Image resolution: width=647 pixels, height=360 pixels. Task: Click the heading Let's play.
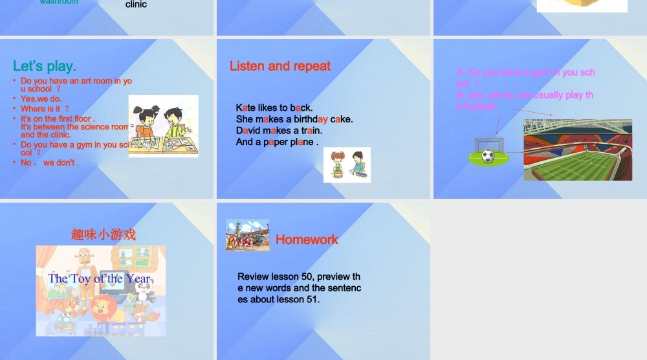click(x=45, y=66)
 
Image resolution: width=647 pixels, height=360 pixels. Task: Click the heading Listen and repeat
click(x=280, y=66)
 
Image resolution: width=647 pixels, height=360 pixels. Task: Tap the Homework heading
click(x=307, y=240)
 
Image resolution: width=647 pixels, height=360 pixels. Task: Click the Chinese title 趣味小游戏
click(x=104, y=234)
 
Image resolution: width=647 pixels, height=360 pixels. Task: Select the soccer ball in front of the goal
click(x=488, y=156)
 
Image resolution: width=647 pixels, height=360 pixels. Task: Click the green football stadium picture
click(x=577, y=150)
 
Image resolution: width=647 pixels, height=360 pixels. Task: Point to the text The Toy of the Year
click(x=99, y=279)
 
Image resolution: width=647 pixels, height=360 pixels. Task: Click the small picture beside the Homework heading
click(x=247, y=234)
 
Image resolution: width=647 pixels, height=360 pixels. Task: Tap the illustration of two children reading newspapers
click(x=163, y=126)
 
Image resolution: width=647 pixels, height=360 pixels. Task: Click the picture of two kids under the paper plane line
click(x=347, y=165)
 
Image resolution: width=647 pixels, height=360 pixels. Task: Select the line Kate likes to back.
click(x=274, y=107)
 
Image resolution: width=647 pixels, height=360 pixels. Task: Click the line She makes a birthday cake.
click(x=294, y=119)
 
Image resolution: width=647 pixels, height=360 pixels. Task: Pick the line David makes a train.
click(x=279, y=130)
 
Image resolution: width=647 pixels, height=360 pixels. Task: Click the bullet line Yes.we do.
click(x=41, y=99)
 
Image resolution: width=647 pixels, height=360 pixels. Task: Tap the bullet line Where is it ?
click(x=44, y=109)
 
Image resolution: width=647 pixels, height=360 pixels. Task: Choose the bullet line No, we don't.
click(x=49, y=163)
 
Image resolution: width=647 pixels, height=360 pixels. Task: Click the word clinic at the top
click(x=136, y=5)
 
